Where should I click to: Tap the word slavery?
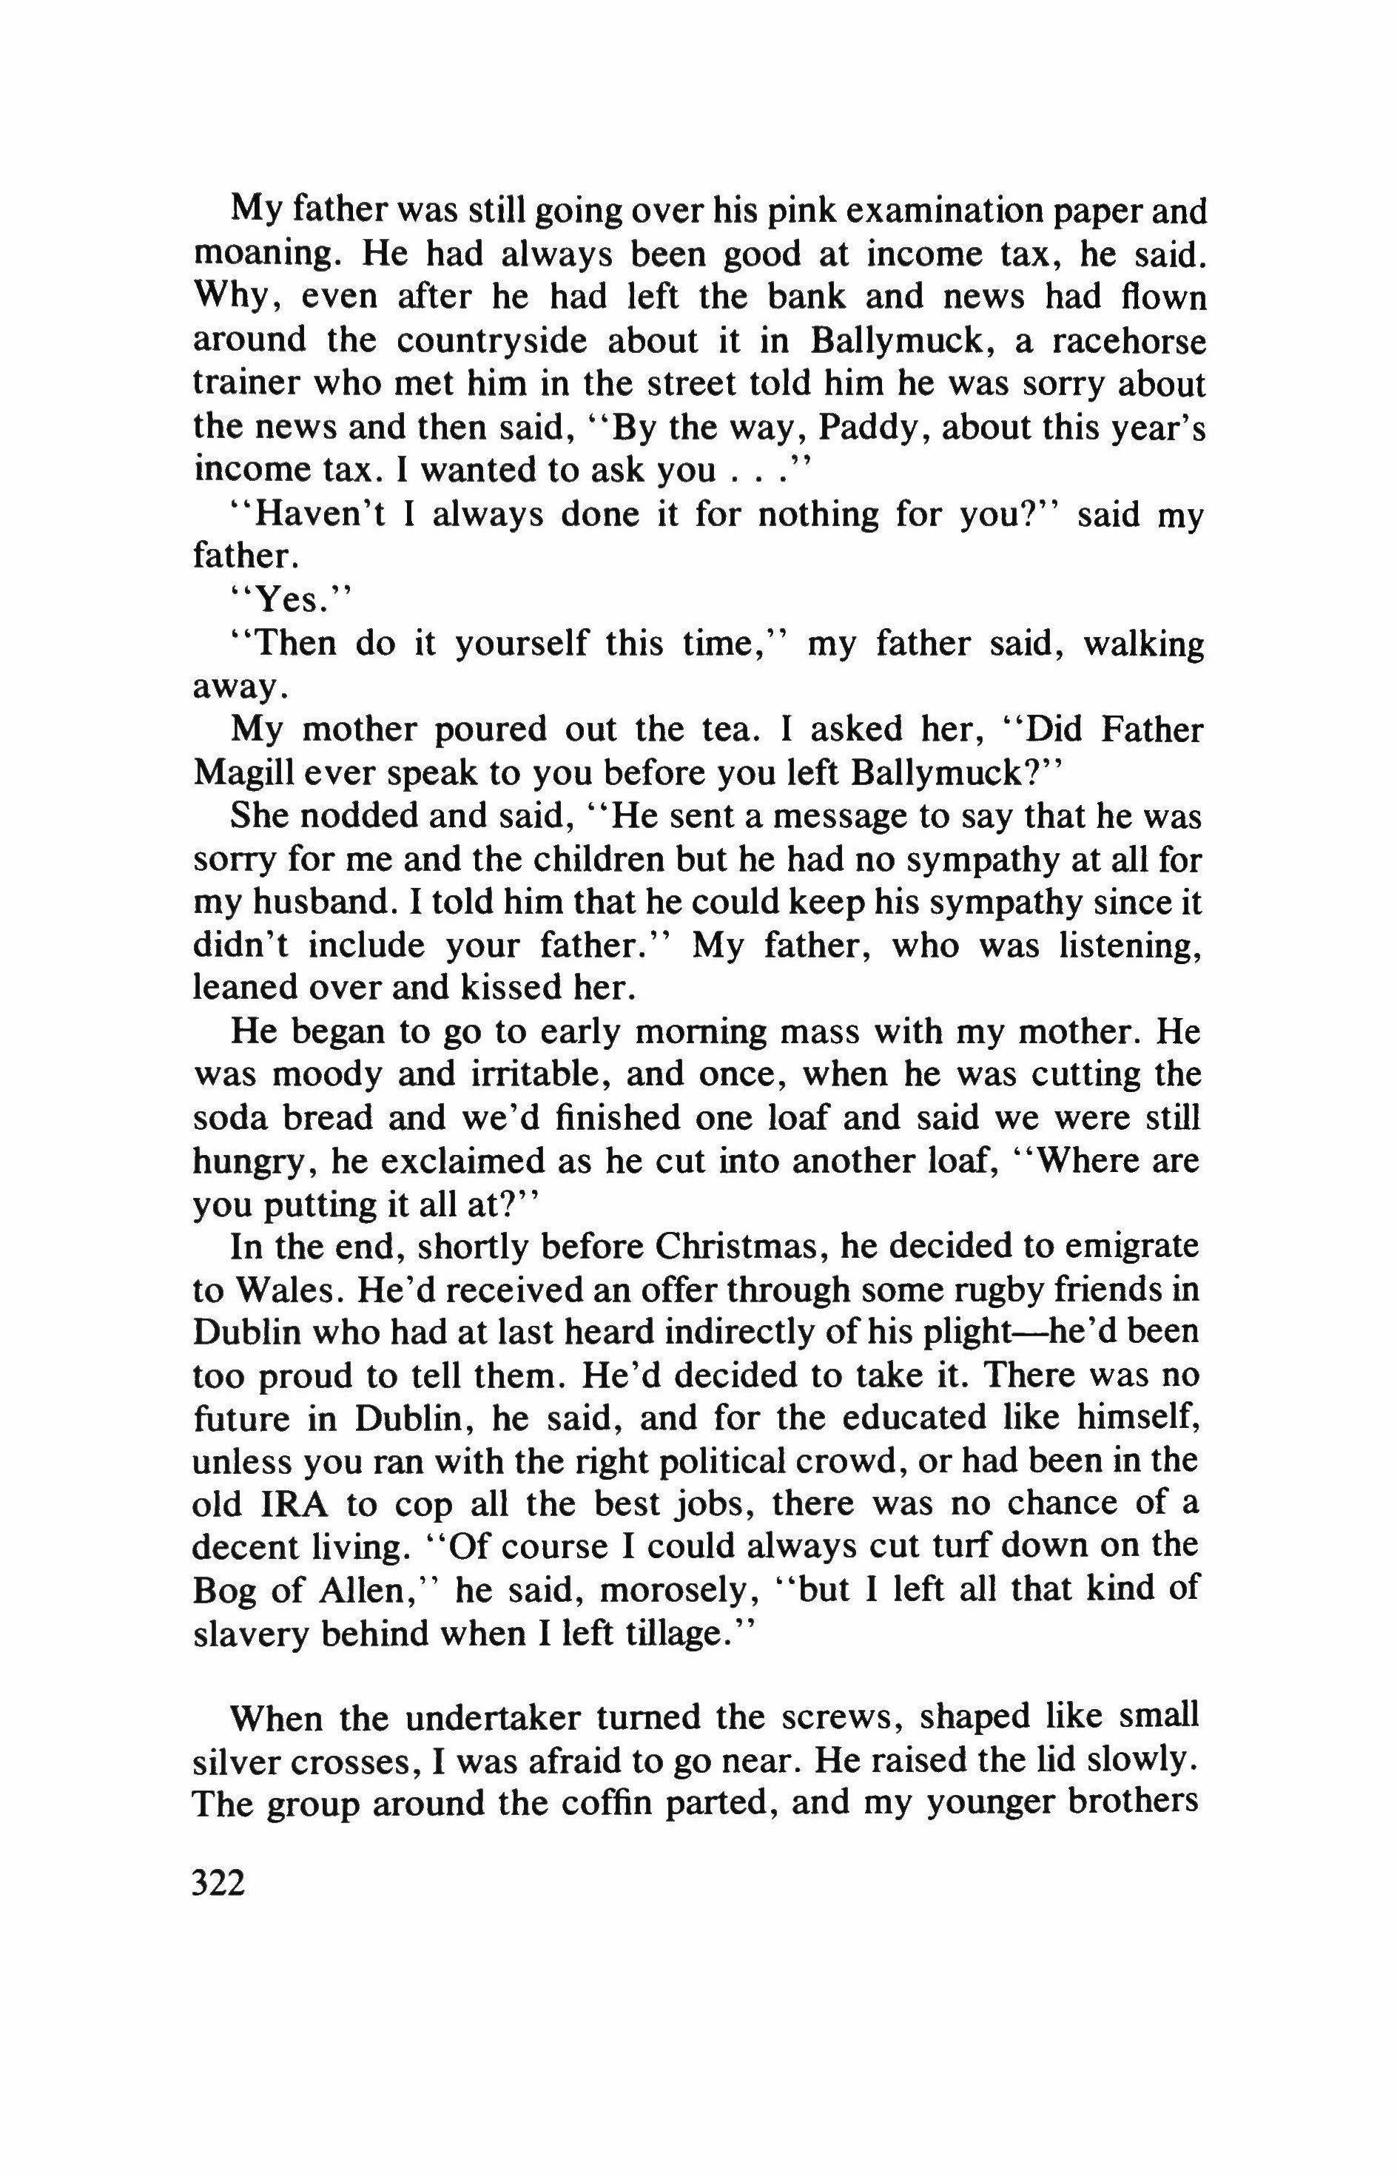[x=250, y=1634]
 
